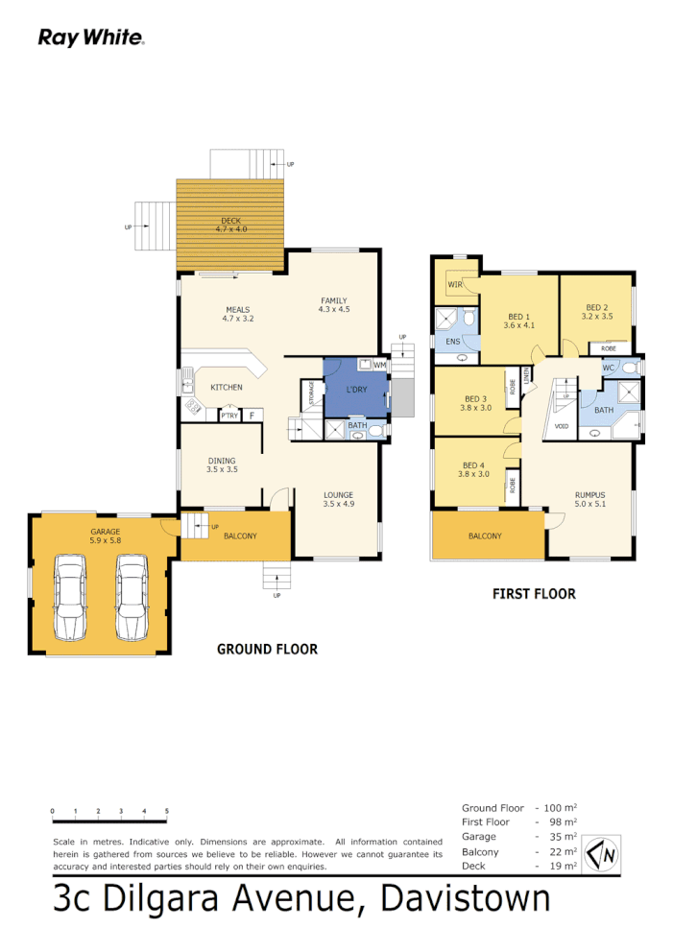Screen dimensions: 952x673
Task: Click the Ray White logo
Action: pyautogui.click(x=90, y=37)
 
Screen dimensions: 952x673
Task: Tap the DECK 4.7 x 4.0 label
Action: pyautogui.click(x=230, y=226)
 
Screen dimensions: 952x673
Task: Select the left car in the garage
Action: pyautogui.click(x=71, y=597)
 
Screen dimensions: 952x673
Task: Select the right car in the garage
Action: pyautogui.click(x=132, y=597)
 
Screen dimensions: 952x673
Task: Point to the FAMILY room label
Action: pyautogui.click(x=333, y=305)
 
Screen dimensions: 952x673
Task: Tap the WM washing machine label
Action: pyautogui.click(x=380, y=366)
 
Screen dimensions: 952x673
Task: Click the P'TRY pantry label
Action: pyautogui.click(x=229, y=416)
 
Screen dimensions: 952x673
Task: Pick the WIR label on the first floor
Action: pyautogui.click(x=454, y=285)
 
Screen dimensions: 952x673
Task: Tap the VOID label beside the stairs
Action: pyautogui.click(x=562, y=426)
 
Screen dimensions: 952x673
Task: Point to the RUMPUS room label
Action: pyautogui.click(x=590, y=496)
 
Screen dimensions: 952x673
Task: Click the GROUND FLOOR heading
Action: pyautogui.click(x=267, y=650)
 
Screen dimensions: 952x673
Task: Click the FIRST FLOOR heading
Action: pyautogui.click(x=534, y=594)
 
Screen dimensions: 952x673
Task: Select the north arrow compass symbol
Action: pyautogui.click(x=604, y=852)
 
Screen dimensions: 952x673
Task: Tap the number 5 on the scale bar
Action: pyautogui.click(x=167, y=812)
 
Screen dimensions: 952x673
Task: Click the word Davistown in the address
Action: pyautogui.click(x=466, y=900)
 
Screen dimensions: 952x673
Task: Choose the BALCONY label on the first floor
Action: pyautogui.click(x=485, y=536)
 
